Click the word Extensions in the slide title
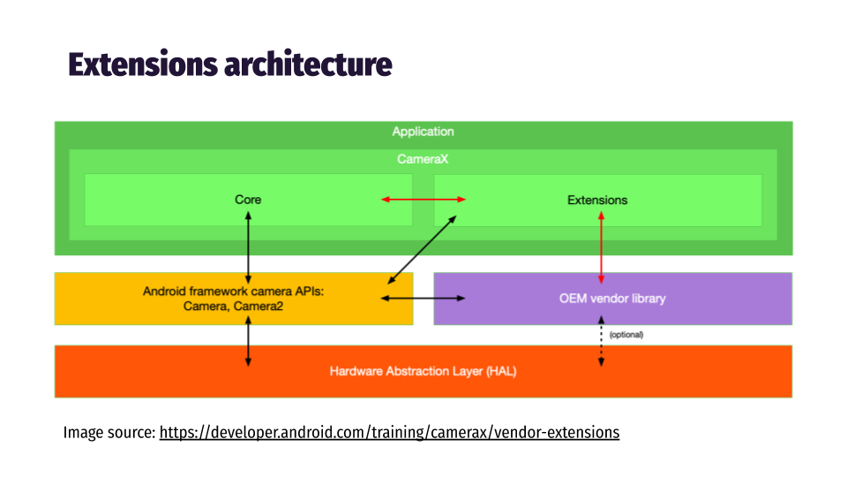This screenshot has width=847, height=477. (142, 65)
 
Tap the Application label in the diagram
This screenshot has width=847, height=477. (423, 132)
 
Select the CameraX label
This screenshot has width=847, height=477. (423, 160)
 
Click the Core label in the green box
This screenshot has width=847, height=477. (248, 200)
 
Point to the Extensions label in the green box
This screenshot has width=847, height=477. (597, 201)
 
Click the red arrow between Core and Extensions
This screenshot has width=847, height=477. (423, 200)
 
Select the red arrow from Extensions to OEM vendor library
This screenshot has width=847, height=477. (602, 249)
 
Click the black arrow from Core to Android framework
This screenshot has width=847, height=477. (248, 247)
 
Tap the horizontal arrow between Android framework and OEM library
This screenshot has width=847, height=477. (423, 299)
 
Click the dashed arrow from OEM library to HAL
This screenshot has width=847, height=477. (602, 343)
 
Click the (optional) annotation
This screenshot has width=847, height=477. (626, 335)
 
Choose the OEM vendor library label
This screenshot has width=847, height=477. (612, 299)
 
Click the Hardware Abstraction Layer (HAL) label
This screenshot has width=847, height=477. (423, 372)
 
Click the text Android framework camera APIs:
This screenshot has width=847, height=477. (234, 291)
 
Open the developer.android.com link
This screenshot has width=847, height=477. (389, 433)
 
